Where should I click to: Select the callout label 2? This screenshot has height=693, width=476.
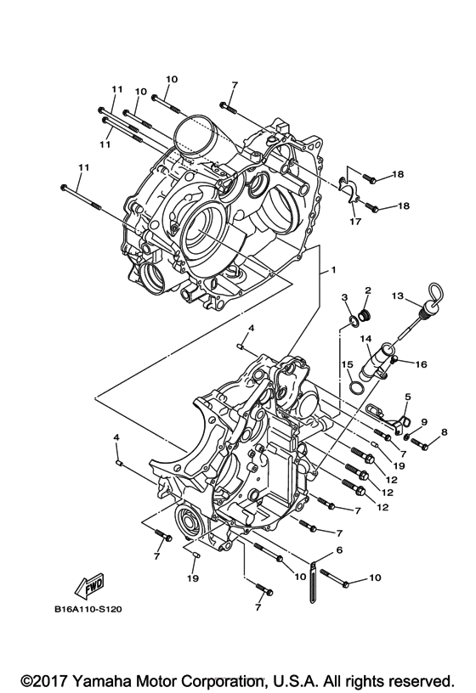click(x=367, y=290)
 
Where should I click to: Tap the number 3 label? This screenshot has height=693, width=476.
click(x=346, y=296)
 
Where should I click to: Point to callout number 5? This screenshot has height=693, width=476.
click(x=408, y=396)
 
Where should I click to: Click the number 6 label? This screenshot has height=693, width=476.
click(x=340, y=550)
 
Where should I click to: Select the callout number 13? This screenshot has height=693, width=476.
click(x=396, y=296)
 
